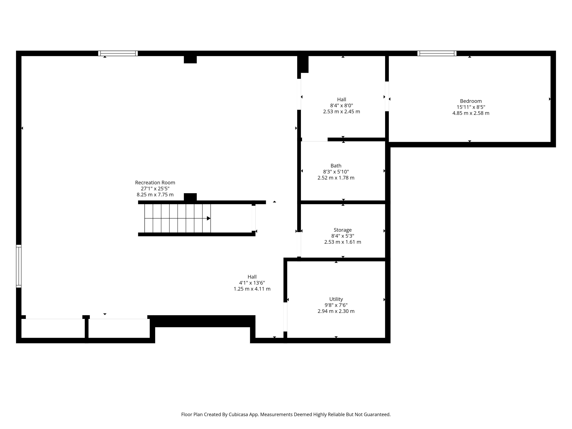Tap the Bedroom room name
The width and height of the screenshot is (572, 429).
pyautogui.click(x=471, y=101)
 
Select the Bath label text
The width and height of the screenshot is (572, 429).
pyautogui.click(x=336, y=166)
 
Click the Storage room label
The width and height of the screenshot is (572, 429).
pyautogui.click(x=343, y=230)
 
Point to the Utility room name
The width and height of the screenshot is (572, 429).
pyautogui.click(x=336, y=299)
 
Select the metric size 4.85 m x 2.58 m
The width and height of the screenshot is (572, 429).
pyautogui.click(x=471, y=113)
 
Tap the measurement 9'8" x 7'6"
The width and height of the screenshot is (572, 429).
pyautogui.click(x=336, y=305)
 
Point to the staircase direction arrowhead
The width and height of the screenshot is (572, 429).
pyautogui.click(x=209, y=218)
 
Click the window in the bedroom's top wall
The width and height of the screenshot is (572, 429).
pyautogui.click(x=437, y=53)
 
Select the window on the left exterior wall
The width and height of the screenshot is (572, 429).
pyautogui.click(x=19, y=266)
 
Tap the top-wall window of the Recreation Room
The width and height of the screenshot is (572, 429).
pyautogui.click(x=118, y=53)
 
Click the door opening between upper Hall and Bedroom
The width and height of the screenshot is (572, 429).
pyautogui.click(x=387, y=97)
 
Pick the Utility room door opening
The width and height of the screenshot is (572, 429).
pyautogui.click(x=285, y=317)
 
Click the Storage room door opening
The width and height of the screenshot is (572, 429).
pyautogui.click(x=299, y=244)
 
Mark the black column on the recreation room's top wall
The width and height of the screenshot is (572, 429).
pyautogui.click(x=190, y=59)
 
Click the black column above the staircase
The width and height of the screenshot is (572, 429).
pyautogui.click(x=190, y=197)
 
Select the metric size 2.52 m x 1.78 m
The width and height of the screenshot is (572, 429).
pyautogui.click(x=336, y=178)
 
